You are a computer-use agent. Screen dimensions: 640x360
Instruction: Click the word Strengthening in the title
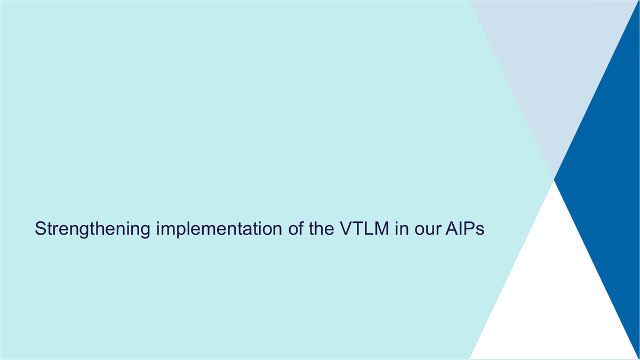tap(92, 229)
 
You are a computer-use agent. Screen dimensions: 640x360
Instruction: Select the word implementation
tap(219, 229)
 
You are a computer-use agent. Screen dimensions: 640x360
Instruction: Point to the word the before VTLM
tap(321, 228)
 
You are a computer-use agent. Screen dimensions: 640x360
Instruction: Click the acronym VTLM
tap(364, 228)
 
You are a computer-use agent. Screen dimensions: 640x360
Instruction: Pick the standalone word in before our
tap(402, 228)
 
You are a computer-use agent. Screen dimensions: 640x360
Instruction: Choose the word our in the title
tap(427, 230)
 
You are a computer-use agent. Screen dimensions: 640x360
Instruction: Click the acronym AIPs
tap(465, 228)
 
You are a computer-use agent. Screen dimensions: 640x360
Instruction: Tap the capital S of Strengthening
tap(41, 228)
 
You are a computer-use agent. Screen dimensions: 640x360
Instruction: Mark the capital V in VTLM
tap(347, 228)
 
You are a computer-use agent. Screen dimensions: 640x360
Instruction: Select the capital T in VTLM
tap(358, 228)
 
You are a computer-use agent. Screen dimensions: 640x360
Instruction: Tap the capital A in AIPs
tap(452, 228)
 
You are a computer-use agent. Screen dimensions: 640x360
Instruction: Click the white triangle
tap(554, 300)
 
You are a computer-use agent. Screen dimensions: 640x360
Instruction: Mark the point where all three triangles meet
tap(554, 180)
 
